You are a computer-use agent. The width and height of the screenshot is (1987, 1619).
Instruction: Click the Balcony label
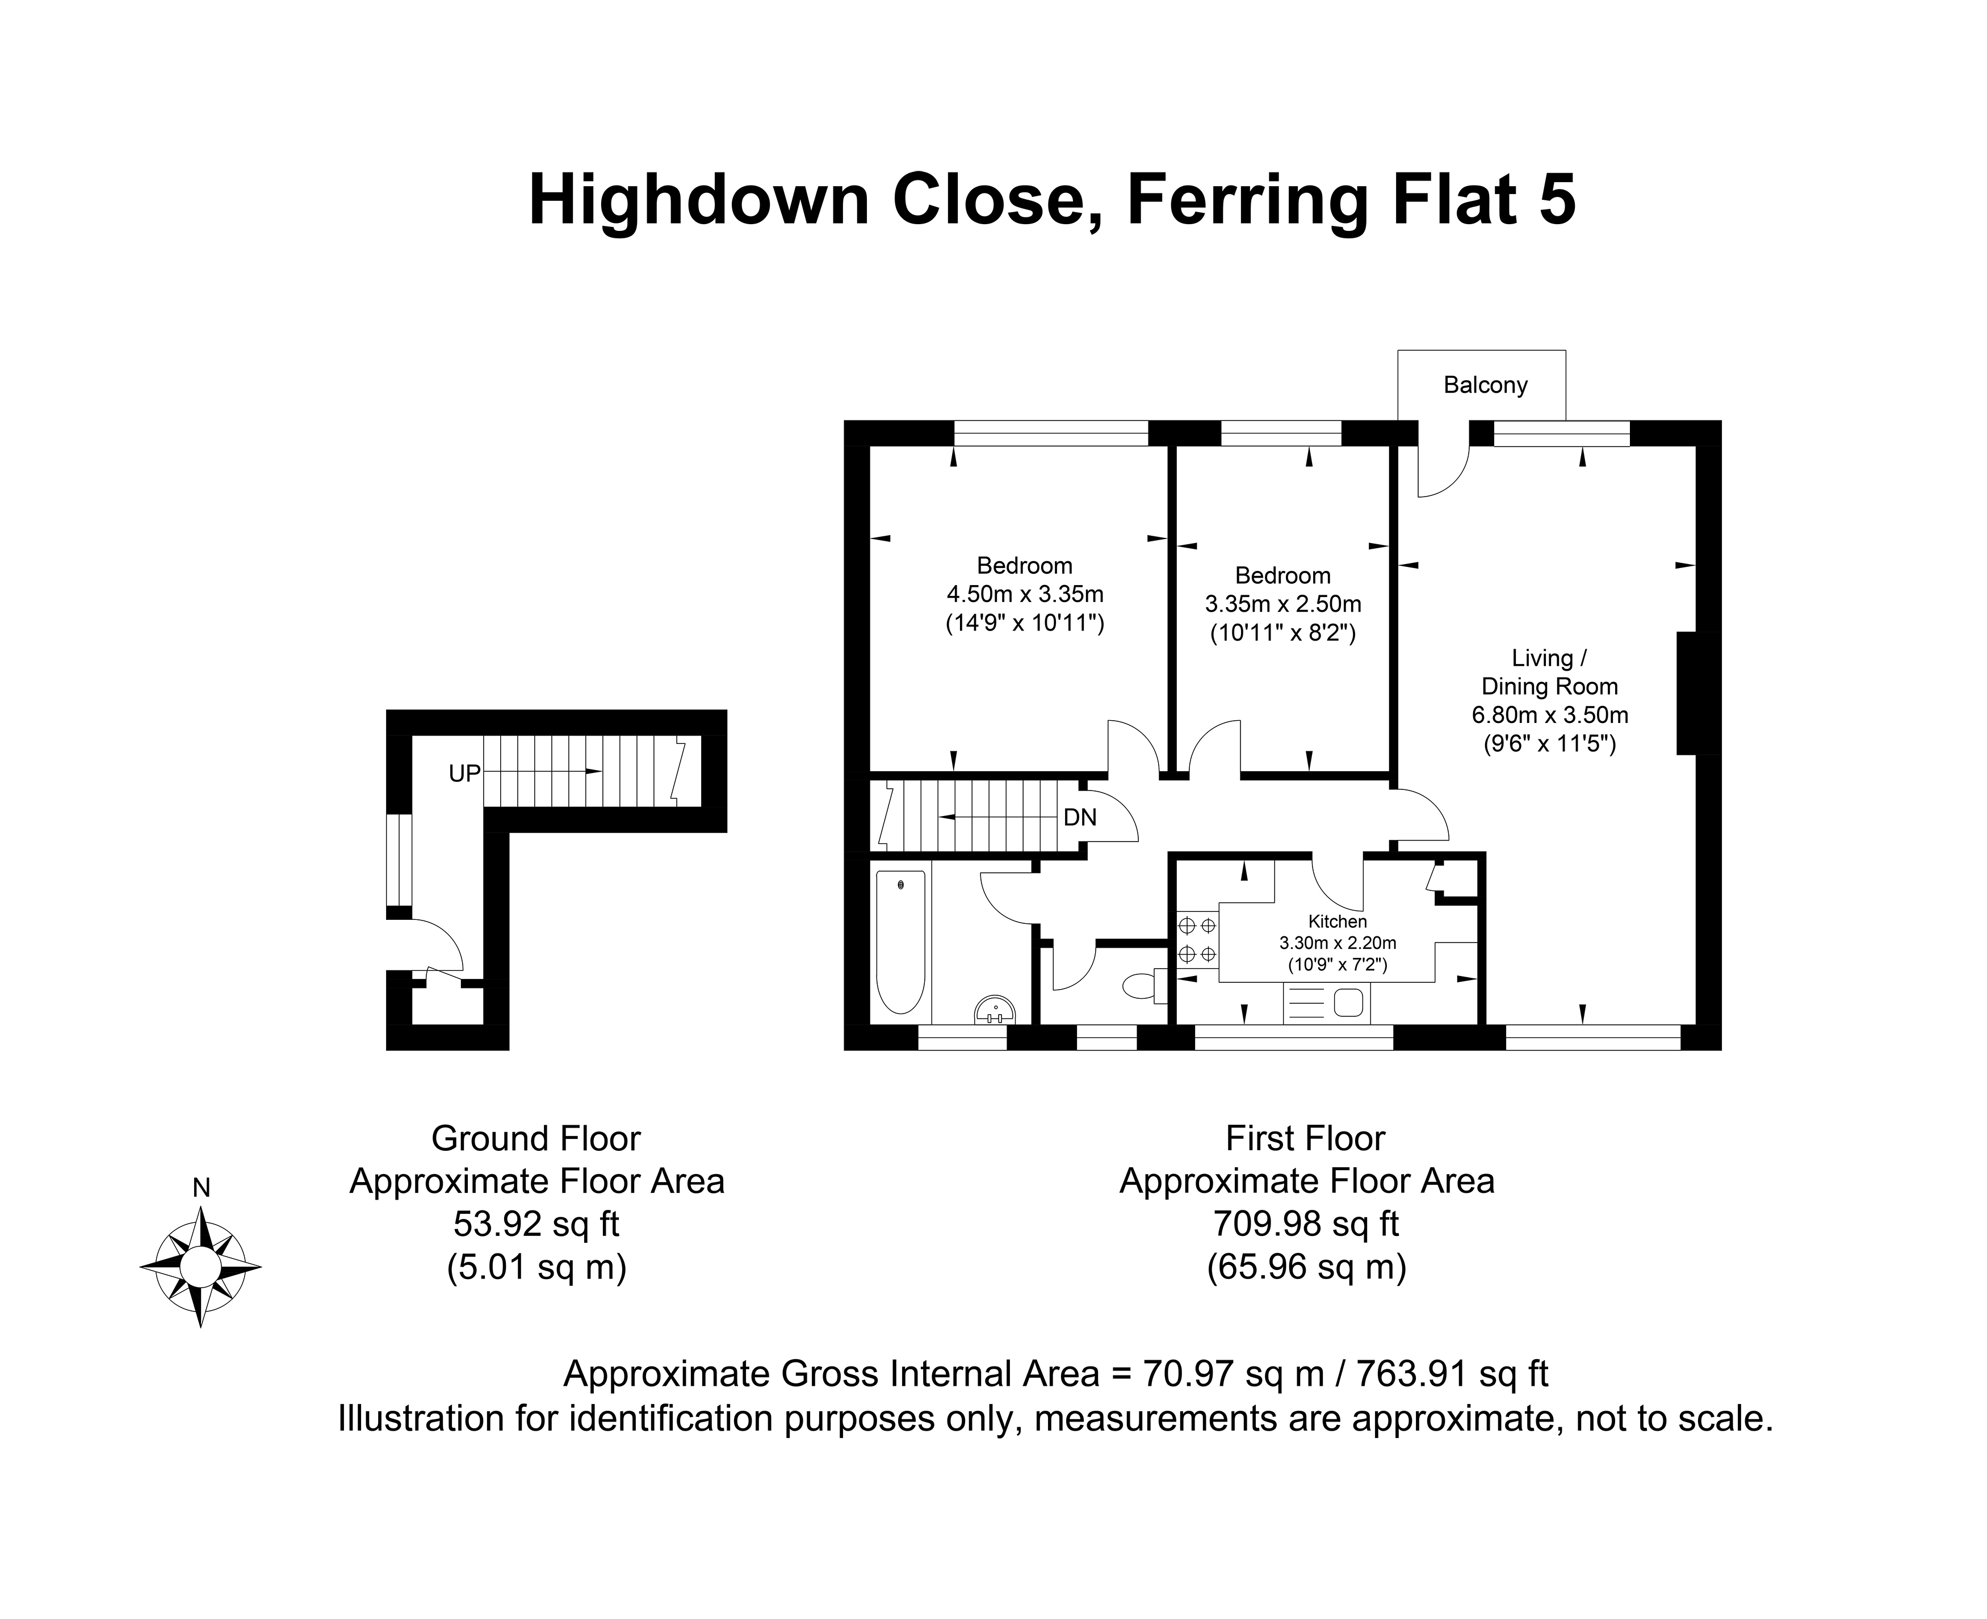pyautogui.click(x=1485, y=385)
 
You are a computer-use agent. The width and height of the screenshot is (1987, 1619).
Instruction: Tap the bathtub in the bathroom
pyautogui.click(x=900, y=942)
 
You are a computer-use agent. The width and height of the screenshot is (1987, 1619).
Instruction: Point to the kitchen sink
pyautogui.click(x=1326, y=1003)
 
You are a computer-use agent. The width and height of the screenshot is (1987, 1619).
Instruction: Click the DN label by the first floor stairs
pyautogui.click(x=1080, y=818)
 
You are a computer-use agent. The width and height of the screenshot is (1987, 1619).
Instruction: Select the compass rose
pyautogui.click(x=200, y=1267)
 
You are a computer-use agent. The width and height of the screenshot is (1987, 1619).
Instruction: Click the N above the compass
pyautogui.click(x=200, y=1187)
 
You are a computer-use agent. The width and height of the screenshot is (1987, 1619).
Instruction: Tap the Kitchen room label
pyautogui.click(x=1337, y=922)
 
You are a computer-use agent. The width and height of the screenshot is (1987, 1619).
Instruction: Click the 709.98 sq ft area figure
pyautogui.click(x=1306, y=1223)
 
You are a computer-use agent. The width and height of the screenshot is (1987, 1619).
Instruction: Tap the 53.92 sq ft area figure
pyautogui.click(x=536, y=1223)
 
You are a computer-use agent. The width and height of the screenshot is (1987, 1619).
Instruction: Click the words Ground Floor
pyautogui.click(x=536, y=1139)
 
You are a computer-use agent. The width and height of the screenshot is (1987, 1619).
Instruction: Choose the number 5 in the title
pyautogui.click(x=1556, y=200)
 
